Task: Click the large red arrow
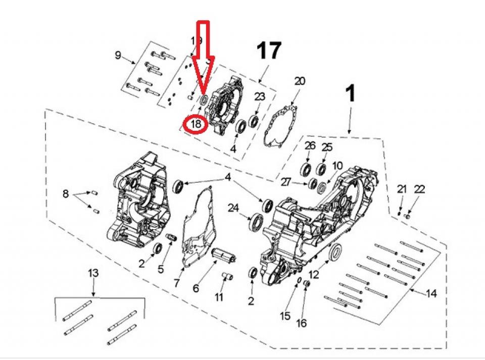point(205,56)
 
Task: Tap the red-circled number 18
point(196,123)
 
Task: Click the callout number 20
point(300,81)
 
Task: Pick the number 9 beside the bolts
point(118,55)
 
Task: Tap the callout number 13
point(93,273)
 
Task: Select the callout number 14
point(431,293)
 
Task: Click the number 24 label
point(233,208)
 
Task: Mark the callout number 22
point(419,189)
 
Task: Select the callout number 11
point(218,297)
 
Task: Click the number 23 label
point(259,97)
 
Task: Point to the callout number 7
point(176,283)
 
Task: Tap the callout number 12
point(314,275)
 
